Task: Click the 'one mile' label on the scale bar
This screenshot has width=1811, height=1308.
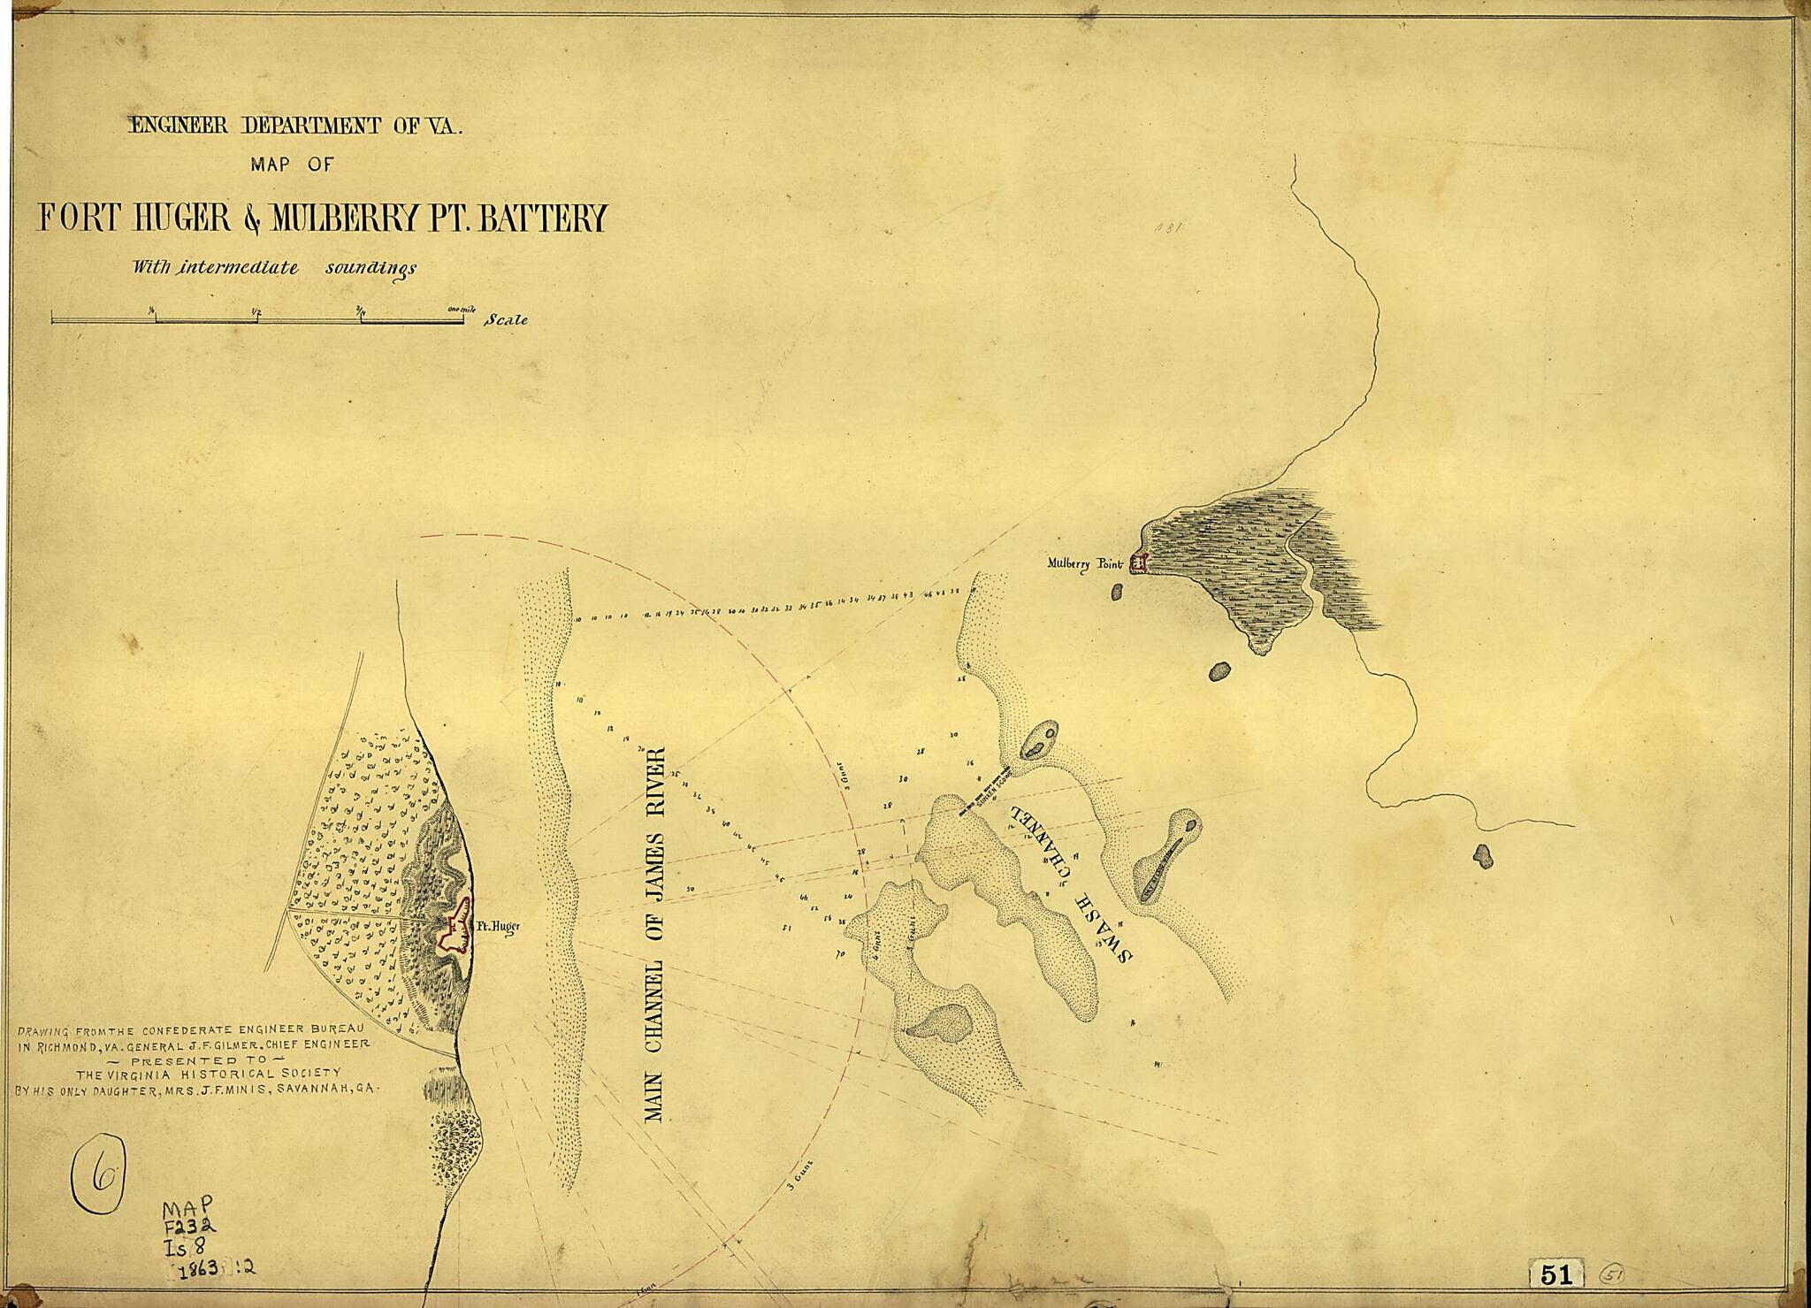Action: click(x=462, y=309)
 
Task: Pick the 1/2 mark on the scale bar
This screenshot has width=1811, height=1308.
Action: click(x=257, y=310)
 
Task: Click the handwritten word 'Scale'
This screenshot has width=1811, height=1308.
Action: click(x=506, y=320)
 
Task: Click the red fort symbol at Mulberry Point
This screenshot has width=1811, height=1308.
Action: click(x=1139, y=562)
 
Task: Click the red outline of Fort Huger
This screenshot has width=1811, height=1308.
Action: click(x=456, y=929)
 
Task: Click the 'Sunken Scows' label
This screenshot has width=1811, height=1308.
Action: click(x=991, y=793)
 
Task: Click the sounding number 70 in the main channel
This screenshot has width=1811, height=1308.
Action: click(x=839, y=955)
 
